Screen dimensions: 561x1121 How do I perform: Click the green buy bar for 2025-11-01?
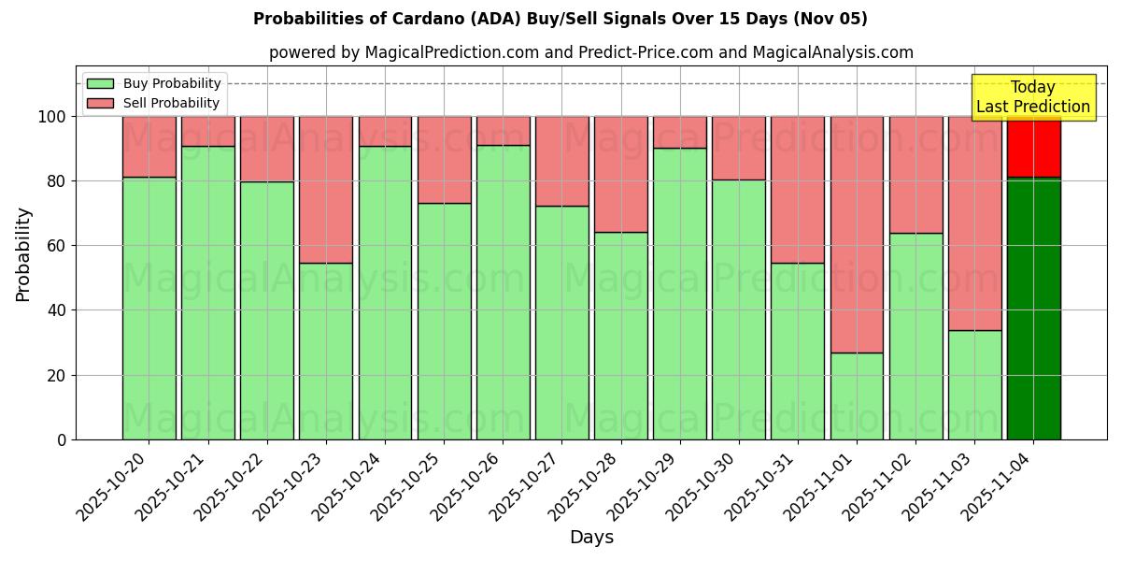coord(857,396)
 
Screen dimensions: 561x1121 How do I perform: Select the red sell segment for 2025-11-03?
coord(974,223)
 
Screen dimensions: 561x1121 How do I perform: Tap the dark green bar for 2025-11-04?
coord(1033,308)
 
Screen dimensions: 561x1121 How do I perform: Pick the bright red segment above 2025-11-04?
coord(1033,147)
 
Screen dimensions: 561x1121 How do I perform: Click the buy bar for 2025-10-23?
coord(326,351)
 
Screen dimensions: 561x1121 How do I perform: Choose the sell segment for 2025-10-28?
coord(620,174)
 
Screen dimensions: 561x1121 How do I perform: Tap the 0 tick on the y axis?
coord(62,439)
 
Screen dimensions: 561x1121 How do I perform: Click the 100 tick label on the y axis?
coord(52,117)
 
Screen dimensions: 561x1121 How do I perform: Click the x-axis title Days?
coord(591,538)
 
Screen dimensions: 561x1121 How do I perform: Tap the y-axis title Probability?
coord(23,254)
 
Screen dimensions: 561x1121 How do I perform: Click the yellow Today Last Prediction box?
coord(1033,97)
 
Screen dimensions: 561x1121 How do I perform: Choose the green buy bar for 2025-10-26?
coord(503,292)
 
